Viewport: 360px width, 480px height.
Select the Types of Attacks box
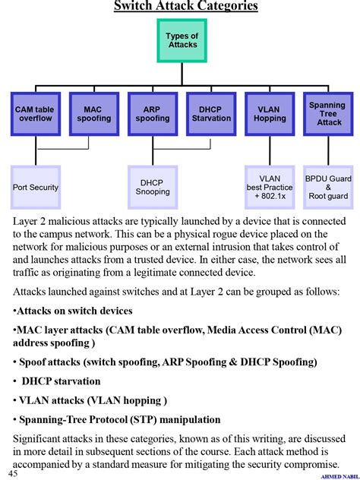tap(182, 40)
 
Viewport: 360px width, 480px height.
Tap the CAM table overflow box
tap(35, 114)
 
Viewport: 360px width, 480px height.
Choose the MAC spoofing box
tap(93, 114)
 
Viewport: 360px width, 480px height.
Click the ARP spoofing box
tap(152, 114)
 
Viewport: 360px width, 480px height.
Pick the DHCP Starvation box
tap(210, 114)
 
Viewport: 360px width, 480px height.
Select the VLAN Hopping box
tap(269, 114)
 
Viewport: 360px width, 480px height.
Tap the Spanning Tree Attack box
tap(327, 114)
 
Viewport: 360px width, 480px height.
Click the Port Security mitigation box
tap(35, 187)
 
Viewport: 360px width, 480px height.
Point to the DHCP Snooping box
tap(152, 187)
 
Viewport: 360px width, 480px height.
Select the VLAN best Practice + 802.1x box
tap(269, 187)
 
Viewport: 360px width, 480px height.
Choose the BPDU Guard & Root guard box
tap(327, 187)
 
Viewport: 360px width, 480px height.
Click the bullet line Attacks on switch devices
tap(74, 311)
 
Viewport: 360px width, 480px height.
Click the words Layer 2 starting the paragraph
tap(30, 219)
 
